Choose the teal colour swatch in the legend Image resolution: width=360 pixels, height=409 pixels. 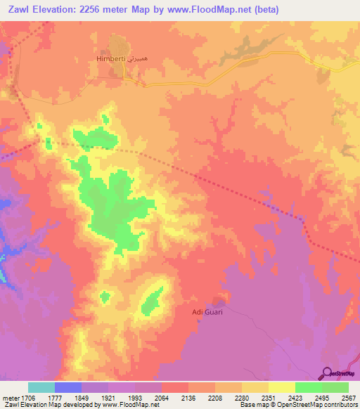41,387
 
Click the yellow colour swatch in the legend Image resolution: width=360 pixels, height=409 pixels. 282,387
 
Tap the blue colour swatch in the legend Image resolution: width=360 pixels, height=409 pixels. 68,387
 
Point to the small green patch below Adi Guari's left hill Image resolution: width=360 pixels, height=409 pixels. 105,297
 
